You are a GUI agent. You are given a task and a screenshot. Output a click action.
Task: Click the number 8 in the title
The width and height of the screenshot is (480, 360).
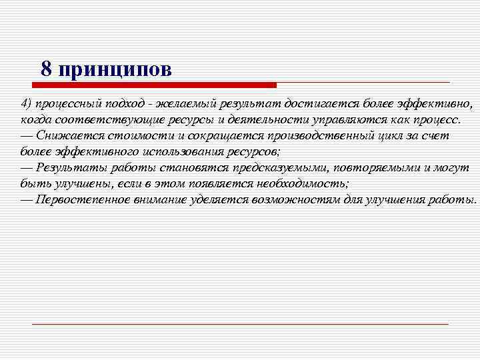pos(46,69)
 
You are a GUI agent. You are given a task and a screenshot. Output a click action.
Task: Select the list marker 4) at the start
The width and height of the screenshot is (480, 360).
pos(26,104)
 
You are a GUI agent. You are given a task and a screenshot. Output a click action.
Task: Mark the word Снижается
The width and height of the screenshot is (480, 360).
pos(66,136)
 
